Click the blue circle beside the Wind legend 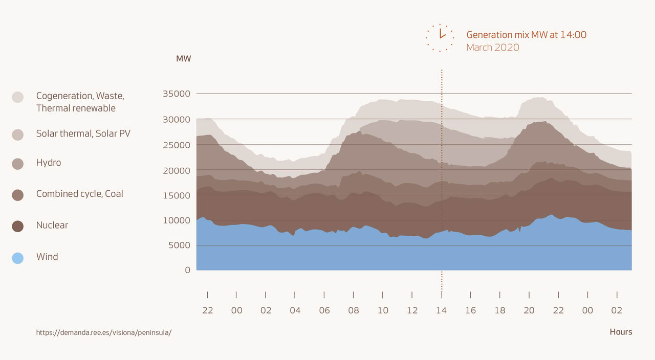pyautogui.click(x=17, y=258)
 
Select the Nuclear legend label pyautogui.click(x=52, y=225)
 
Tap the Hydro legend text pyautogui.click(x=48, y=163)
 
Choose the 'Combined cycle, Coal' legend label pyautogui.click(x=79, y=194)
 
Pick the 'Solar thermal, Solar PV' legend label pyautogui.click(x=83, y=133)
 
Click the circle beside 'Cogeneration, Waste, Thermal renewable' pyautogui.click(x=17, y=97)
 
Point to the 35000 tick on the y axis pyautogui.click(x=176, y=94)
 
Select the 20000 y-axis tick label pyautogui.click(x=176, y=170)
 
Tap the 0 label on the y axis pyautogui.click(x=187, y=269)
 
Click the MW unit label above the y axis pyautogui.click(x=183, y=59)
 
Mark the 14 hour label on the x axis pyautogui.click(x=441, y=310)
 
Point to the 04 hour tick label pyautogui.click(x=295, y=310)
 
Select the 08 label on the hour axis pyautogui.click(x=354, y=310)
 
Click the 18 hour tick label pyautogui.click(x=500, y=310)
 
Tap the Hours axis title pyautogui.click(x=621, y=332)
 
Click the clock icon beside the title pyautogui.click(x=440, y=37)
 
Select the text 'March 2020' pyautogui.click(x=492, y=48)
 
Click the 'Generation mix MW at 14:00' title pyautogui.click(x=526, y=35)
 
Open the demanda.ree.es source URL pyautogui.click(x=103, y=332)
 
